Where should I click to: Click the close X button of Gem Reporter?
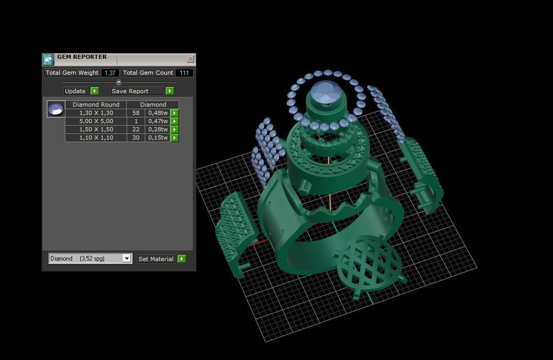click(190, 59)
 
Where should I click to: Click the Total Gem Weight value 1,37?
click(110, 73)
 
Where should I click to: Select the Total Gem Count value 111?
click(184, 73)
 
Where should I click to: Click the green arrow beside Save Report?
click(169, 91)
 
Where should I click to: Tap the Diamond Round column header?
click(96, 105)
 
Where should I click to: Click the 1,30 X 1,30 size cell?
click(96, 113)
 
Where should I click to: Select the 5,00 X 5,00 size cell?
click(96, 121)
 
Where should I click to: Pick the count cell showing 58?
click(136, 113)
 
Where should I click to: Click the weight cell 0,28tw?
click(158, 129)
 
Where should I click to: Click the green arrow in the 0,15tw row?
click(175, 138)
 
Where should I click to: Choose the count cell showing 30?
click(136, 138)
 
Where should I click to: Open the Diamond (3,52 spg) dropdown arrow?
click(127, 259)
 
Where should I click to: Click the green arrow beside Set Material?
click(181, 259)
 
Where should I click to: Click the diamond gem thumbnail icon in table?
click(56, 109)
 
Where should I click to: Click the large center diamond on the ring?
click(324, 93)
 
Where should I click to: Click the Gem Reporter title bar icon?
click(48, 59)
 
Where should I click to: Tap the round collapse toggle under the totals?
click(119, 82)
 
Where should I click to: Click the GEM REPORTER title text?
click(82, 57)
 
